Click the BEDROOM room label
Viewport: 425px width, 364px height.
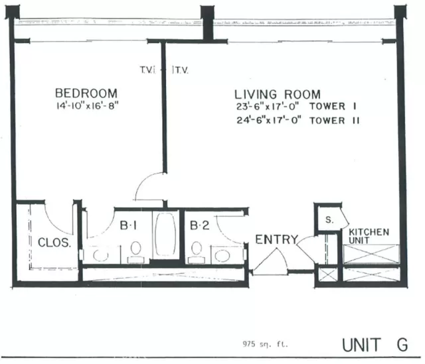tap(86, 93)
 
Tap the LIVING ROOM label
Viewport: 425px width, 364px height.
tap(277, 95)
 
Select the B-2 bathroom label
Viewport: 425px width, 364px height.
tap(199, 226)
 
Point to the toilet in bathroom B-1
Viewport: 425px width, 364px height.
tap(136, 249)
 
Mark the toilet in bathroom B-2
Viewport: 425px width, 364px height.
tap(196, 249)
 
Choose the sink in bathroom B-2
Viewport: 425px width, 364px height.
tap(222, 255)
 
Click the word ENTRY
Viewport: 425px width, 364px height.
tap(276, 239)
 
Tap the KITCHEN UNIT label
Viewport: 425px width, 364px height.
tap(369, 236)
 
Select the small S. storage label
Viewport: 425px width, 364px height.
tap(329, 220)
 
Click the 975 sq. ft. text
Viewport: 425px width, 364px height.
tap(262, 344)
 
